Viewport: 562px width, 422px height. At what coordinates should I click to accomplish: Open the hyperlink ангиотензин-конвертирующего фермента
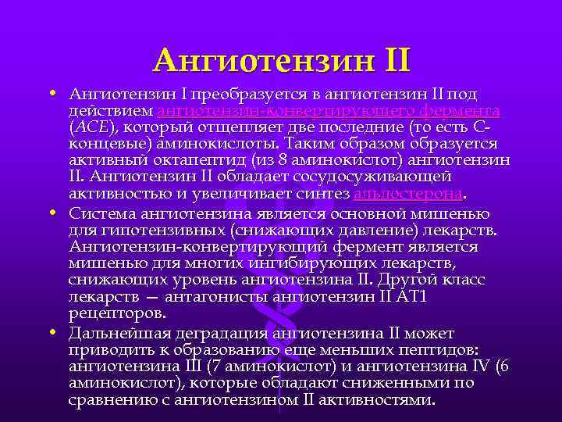[329, 111]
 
